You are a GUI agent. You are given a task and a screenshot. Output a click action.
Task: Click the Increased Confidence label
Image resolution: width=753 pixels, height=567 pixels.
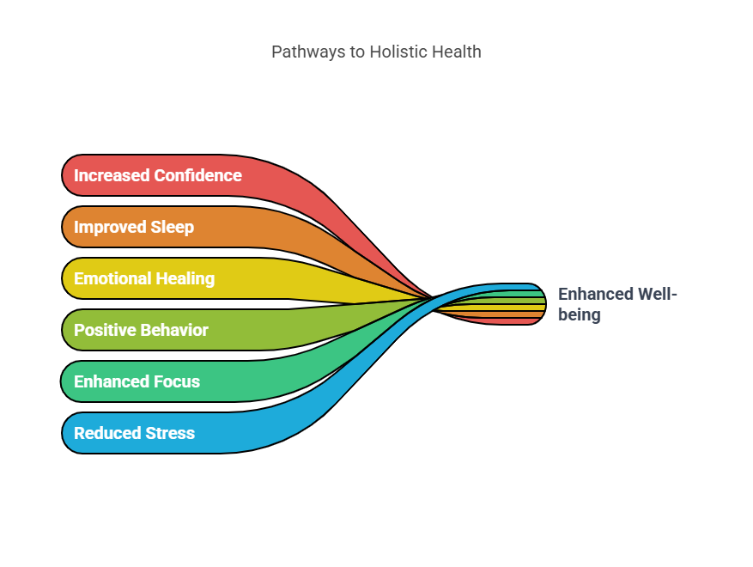157,175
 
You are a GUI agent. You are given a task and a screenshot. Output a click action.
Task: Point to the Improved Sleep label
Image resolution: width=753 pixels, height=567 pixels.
134,227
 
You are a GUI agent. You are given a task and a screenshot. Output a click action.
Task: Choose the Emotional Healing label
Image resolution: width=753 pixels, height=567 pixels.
144,278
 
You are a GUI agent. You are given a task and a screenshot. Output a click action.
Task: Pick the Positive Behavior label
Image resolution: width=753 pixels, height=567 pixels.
141,330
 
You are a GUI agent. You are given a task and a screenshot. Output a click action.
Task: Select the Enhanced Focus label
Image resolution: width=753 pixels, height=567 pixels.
137,381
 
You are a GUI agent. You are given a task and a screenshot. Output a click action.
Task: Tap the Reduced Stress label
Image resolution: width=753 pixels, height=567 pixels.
134,433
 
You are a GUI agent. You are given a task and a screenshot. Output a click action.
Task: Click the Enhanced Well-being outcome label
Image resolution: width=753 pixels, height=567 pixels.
617,304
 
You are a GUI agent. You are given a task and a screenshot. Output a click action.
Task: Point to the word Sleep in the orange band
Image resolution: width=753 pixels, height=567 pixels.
171,227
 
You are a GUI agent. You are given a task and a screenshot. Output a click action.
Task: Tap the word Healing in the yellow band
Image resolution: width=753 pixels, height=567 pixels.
185,278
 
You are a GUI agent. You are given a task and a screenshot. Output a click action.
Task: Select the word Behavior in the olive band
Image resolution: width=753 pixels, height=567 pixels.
174,330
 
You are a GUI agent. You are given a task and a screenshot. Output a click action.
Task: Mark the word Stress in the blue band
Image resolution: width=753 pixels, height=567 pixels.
170,433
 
